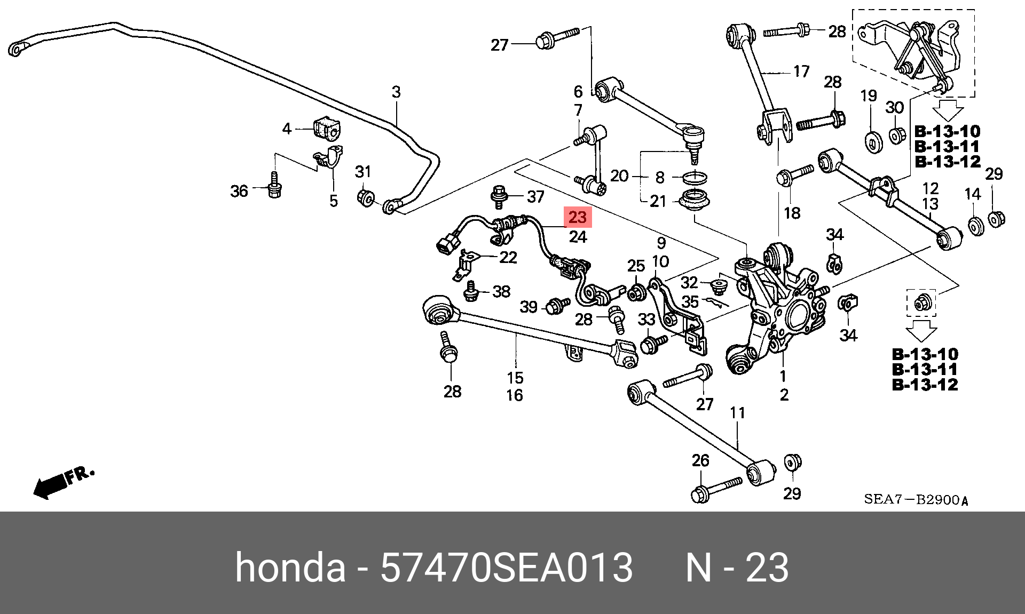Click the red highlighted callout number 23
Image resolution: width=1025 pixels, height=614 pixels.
point(578,217)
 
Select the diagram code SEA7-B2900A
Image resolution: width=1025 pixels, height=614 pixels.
point(916,500)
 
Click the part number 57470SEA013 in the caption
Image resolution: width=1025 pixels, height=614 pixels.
point(506,568)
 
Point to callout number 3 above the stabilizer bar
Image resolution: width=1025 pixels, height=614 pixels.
point(396,92)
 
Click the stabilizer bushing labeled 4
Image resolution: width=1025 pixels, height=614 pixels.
point(327,129)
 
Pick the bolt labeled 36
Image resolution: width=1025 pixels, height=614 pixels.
point(274,186)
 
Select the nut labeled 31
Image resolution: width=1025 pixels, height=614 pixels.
point(366,197)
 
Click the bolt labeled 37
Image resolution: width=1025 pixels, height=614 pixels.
point(499,196)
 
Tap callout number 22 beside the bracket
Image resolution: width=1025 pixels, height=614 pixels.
point(508,258)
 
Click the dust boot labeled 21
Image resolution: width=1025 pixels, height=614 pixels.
point(694,202)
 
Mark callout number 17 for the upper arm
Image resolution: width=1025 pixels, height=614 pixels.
point(801,71)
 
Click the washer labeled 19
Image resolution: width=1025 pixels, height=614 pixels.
point(873,142)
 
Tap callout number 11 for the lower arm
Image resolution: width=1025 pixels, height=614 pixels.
point(737,413)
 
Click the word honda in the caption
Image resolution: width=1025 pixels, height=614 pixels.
point(290,568)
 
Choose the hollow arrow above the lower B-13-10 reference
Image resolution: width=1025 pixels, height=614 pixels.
point(921,330)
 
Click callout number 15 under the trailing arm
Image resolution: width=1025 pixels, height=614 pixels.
point(515,378)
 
